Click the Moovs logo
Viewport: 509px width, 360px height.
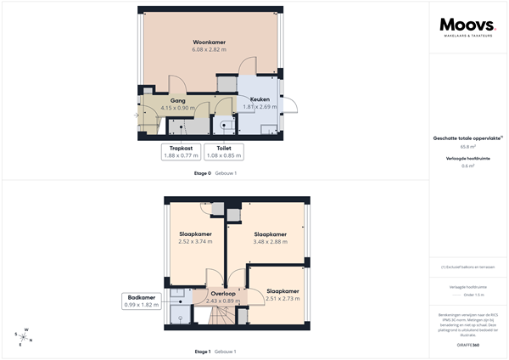click(466, 27)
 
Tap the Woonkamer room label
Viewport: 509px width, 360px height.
click(208, 42)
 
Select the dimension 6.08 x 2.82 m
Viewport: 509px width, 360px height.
click(208, 50)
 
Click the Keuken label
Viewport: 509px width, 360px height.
click(260, 99)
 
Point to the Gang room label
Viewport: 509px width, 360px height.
click(177, 100)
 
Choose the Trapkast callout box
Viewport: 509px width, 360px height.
click(180, 151)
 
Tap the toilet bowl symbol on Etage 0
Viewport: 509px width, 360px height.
click(224, 125)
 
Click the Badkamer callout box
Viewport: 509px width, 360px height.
click(141, 301)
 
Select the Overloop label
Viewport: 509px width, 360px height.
click(223, 294)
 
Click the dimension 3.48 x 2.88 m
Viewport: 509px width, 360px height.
click(270, 241)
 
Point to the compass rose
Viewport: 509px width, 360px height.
click(25, 336)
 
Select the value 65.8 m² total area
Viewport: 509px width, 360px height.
click(467, 146)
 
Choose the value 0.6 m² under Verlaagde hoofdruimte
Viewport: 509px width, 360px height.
click(467, 166)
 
